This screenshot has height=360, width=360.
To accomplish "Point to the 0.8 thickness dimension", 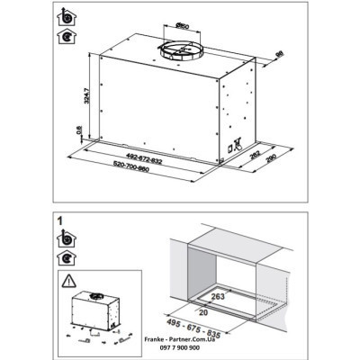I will coord(79,131).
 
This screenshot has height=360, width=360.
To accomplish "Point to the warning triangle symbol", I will coord(71,280).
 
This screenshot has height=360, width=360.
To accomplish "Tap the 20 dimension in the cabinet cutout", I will coord(204,309).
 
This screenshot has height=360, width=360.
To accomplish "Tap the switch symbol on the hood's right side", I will coord(238,144).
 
